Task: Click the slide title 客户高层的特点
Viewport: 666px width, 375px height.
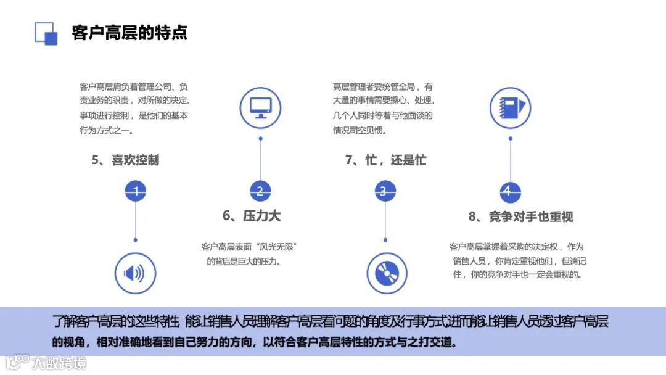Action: [x=129, y=32]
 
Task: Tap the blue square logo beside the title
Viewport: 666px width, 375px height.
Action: [x=46, y=33]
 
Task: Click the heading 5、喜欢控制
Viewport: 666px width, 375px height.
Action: [x=126, y=160]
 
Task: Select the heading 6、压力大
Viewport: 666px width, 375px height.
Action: [x=252, y=215]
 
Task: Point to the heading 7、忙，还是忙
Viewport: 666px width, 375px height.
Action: [x=385, y=160]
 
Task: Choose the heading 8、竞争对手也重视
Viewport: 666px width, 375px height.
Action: [x=521, y=216]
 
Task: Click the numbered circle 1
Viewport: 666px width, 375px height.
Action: [x=136, y=191]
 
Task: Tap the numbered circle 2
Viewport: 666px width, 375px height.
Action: [x=260, y=191]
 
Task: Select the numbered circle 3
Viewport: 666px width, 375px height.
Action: [x=383, y=191]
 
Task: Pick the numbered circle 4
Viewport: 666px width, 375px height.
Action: [x=507, y=191]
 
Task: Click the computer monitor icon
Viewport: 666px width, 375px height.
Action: [x=260, y=109]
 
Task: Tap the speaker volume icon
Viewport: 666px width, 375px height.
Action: [x=135, y=273]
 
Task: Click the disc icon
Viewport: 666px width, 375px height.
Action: [x=387, y=273]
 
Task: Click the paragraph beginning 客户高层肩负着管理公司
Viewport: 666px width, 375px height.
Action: [x=134, y=109]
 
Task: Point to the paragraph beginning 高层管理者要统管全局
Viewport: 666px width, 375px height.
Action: [x=383, y=109]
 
